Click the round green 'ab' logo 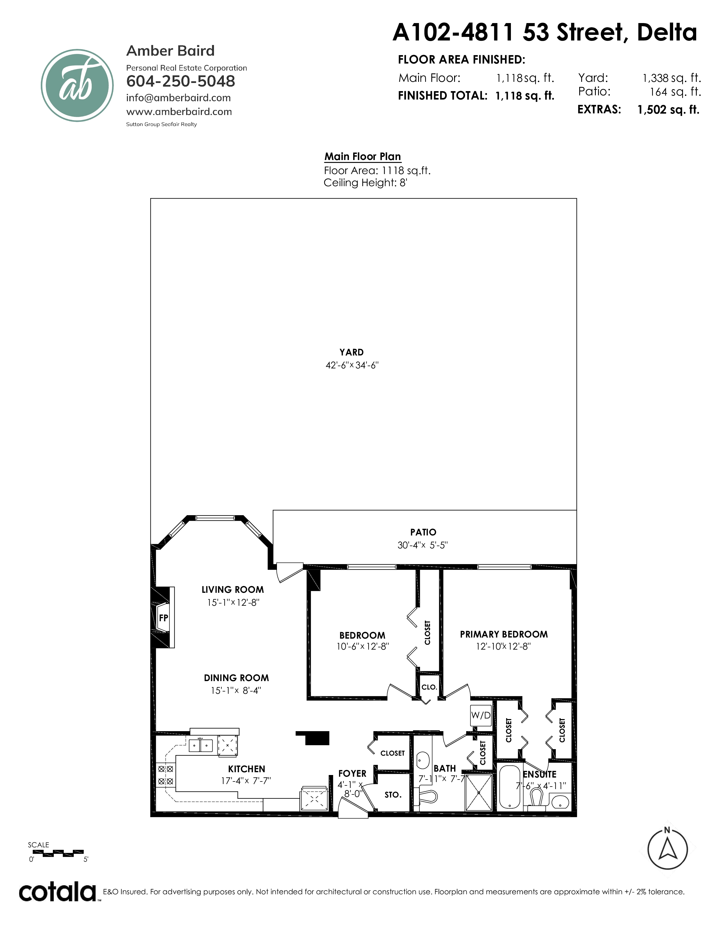pos(77,85)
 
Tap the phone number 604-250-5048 pos(181,81)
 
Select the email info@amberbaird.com pos(178,98)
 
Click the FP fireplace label pos(164,618)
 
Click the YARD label pos(351,352)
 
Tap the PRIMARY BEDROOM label pos(504,634)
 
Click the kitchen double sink pos(200,746)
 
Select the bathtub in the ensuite pos(509,787)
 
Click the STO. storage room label pos(393,795)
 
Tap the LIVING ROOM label pos(233,590)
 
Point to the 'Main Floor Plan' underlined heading pos(363,157)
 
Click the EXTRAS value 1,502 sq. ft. pos(668,110)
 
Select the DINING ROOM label pos(236,678)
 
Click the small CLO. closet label pos(429,687)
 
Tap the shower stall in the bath pos(479,793)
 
